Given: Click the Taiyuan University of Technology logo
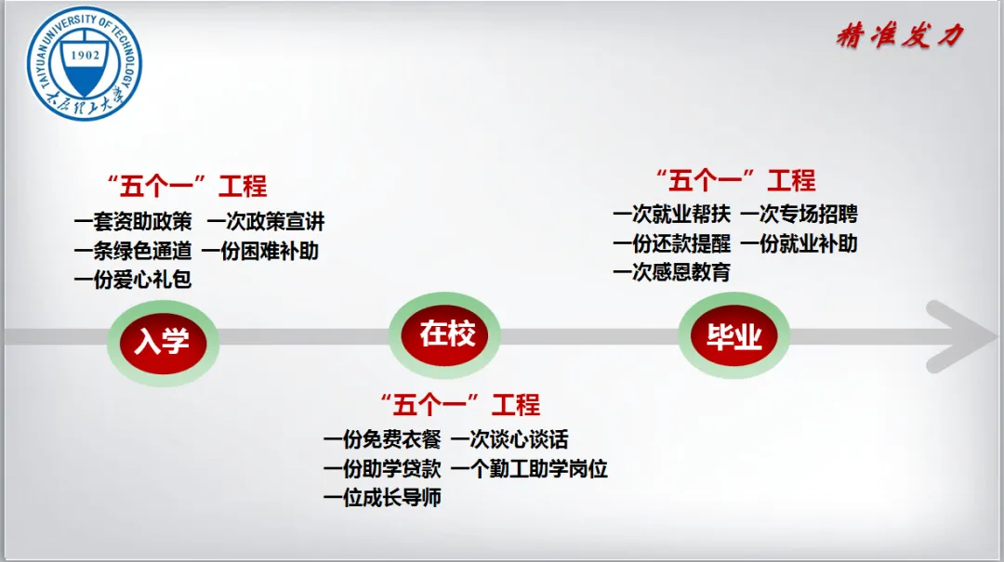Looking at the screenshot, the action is click(84, 63).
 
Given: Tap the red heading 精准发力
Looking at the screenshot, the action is click(899, 36).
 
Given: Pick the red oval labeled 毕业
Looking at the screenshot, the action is click(733, 336).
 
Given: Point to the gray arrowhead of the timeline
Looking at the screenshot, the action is click(962, 336).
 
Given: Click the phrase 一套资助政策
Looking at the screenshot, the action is click(133, 223).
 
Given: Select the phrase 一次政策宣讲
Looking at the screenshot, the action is click(266, 223).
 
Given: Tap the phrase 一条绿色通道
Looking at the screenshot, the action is click(133, 251).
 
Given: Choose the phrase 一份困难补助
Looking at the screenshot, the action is click(259, 251).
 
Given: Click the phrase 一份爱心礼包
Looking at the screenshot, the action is click(133, 280).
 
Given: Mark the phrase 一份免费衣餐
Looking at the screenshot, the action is click(382, 439).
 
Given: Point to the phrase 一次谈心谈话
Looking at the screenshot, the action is click(509, 439).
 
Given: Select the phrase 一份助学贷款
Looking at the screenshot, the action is click(382, 468).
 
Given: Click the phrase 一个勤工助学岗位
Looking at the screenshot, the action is click(529, 468).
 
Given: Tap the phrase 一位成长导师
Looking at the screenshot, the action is click(382, 497).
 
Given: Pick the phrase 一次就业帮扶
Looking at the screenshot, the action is click(672, 215).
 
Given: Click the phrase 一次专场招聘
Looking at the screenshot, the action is click(799, 215).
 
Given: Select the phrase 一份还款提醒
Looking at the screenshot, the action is click(672, 243).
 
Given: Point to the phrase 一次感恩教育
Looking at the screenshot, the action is click(672, 272).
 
